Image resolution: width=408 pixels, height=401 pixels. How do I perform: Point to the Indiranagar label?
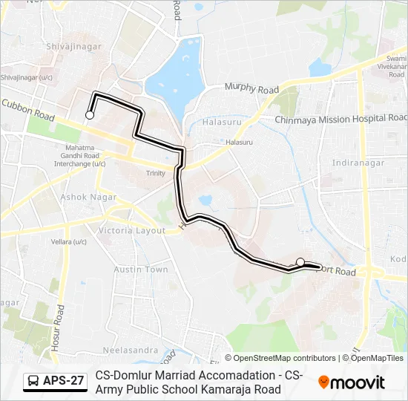[357, 162]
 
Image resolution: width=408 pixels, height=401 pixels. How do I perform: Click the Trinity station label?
[156, 173]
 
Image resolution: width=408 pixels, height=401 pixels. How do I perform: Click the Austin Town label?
[141, 270]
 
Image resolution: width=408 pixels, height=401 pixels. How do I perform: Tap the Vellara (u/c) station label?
[70, 242]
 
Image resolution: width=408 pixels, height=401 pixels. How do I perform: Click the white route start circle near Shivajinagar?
[90, 115]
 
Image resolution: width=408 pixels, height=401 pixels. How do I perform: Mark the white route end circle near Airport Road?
[300, 261]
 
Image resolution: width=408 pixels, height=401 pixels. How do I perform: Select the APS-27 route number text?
[64, 382]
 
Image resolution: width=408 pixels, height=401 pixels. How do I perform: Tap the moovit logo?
[352, 382]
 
